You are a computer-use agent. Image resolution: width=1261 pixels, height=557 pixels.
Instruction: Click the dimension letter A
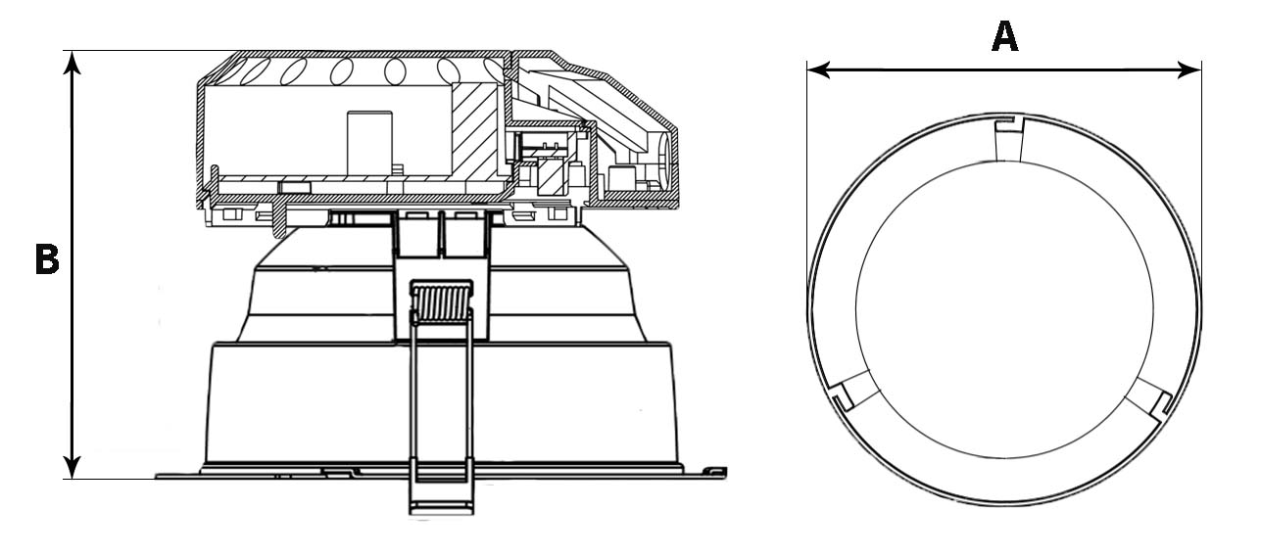[1005, 36]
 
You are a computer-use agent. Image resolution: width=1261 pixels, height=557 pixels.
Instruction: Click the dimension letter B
[46, 260]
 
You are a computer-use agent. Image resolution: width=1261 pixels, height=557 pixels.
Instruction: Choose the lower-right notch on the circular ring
[1159, 401]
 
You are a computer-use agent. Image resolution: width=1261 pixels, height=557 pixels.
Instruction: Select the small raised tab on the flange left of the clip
[334, 471]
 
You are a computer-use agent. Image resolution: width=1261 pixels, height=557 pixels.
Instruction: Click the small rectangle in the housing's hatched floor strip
[294, 186]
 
